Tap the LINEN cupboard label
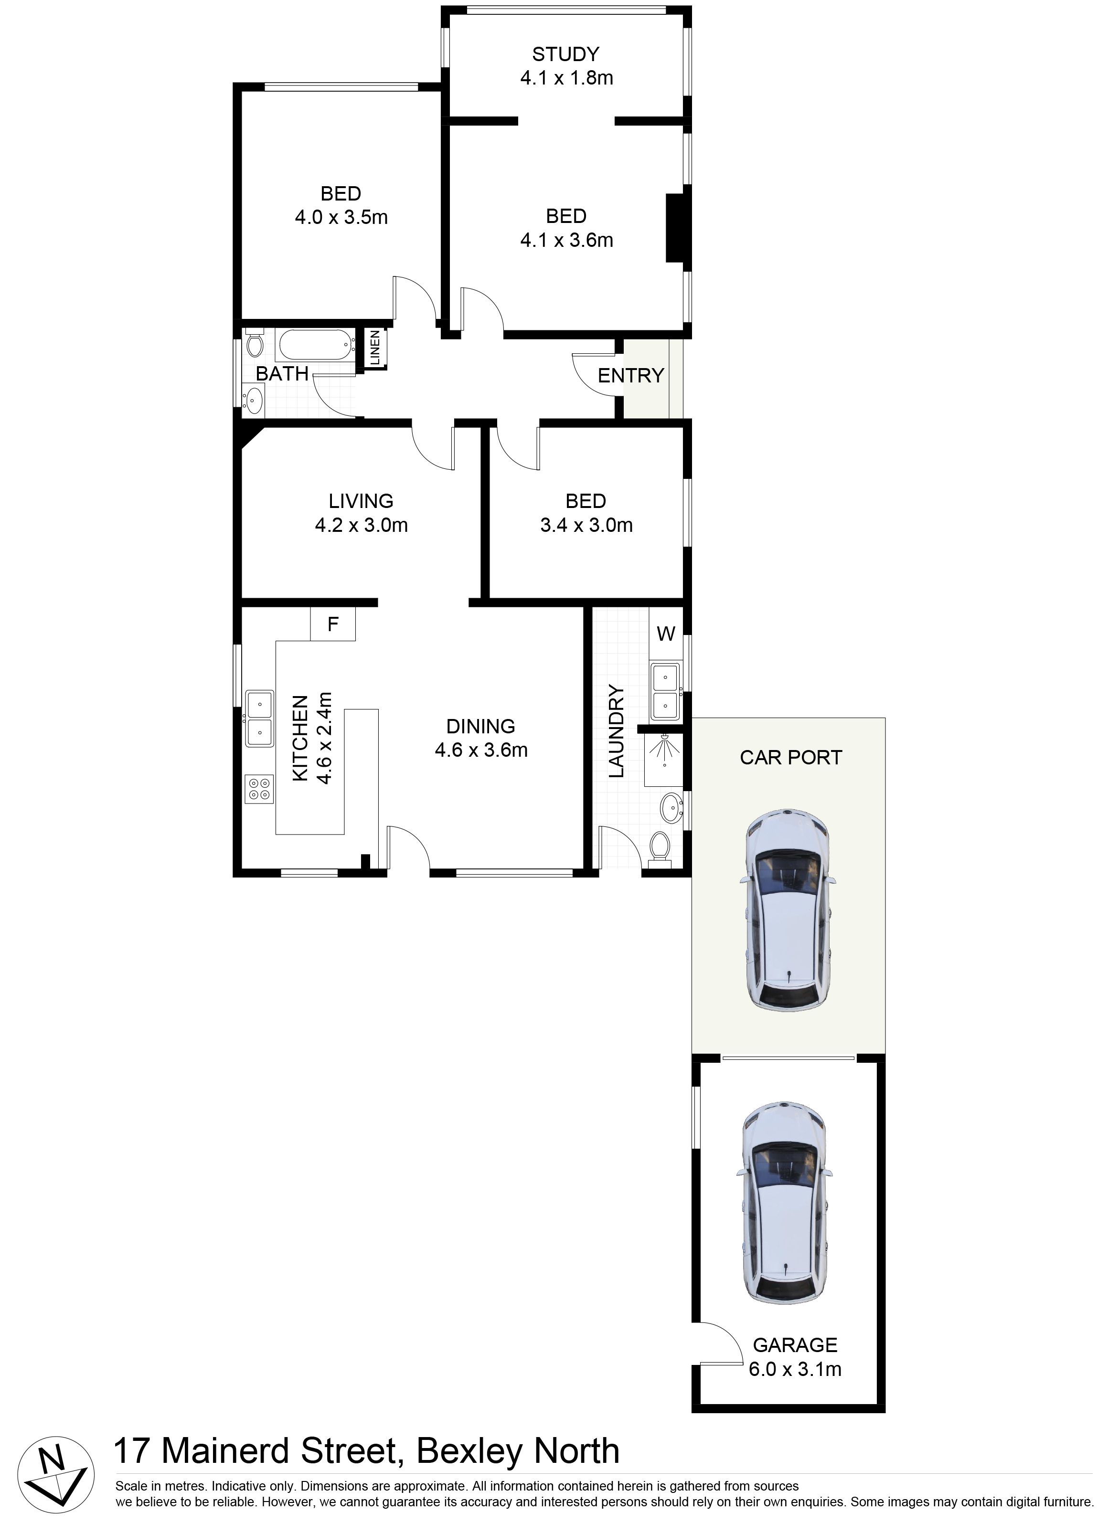pos(375,348)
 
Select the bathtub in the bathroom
pos(316,345)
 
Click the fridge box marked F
pos(332,624)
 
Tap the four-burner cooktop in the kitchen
pos(259,789)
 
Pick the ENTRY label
pos(630,375)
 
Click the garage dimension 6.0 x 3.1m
pos(795,1369)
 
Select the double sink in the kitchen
pos(259,718)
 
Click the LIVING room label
pos(361,501)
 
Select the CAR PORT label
pos(790,757)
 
